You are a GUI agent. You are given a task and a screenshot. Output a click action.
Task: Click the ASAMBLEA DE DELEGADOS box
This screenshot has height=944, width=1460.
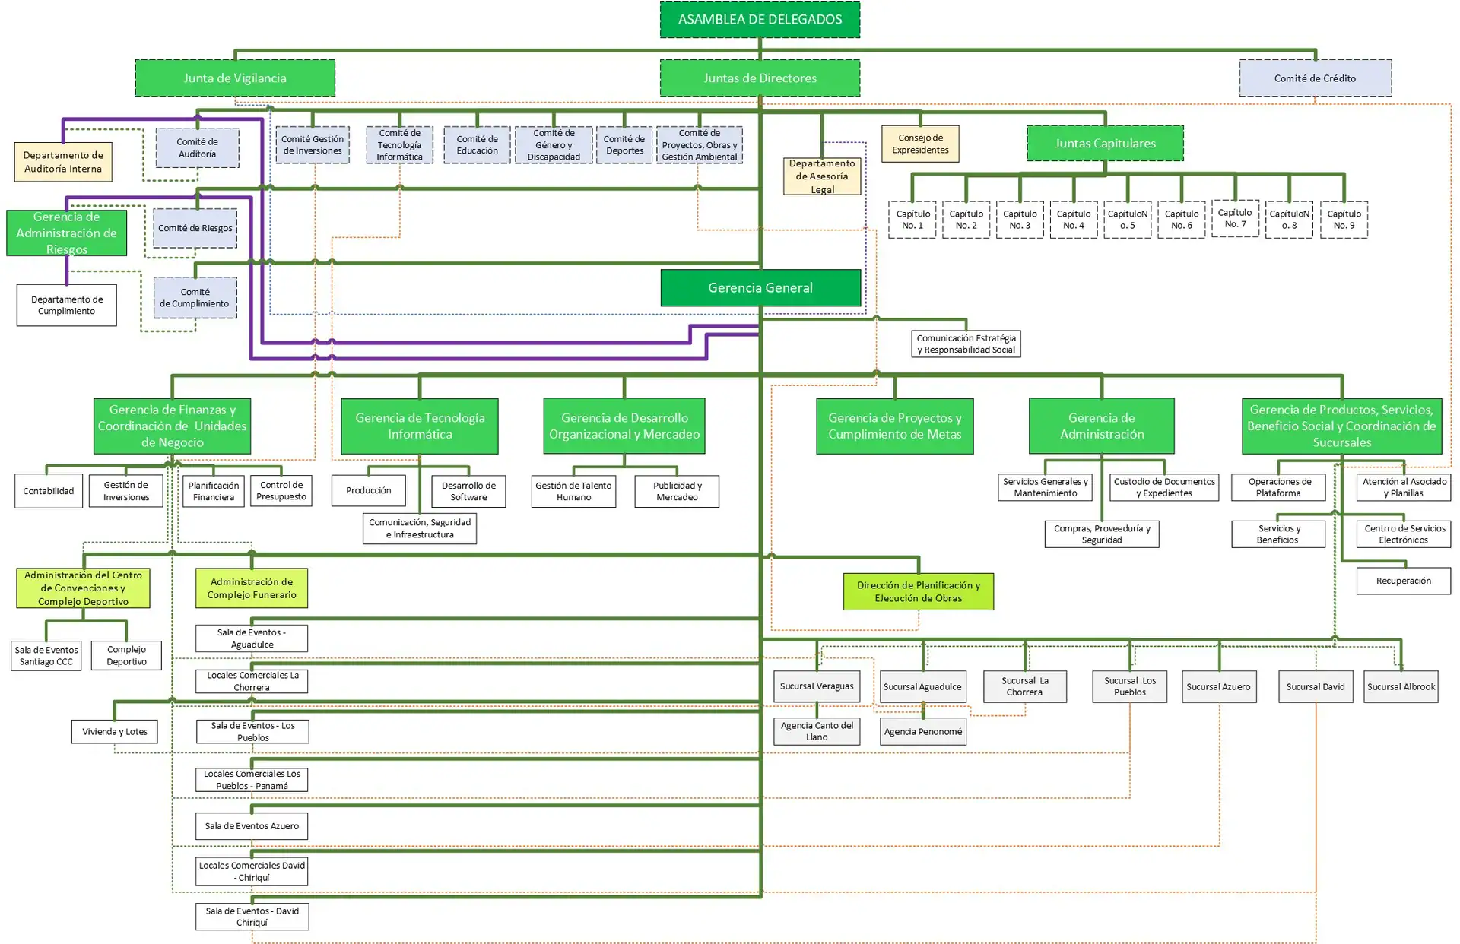coord(760,19)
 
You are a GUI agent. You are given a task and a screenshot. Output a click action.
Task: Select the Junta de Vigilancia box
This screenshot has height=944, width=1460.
coord(235,78)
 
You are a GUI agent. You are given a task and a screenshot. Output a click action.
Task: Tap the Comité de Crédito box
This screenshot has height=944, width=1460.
coord(1315,78)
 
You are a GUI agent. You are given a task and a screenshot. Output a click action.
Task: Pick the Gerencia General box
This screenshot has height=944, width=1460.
coord(760,287)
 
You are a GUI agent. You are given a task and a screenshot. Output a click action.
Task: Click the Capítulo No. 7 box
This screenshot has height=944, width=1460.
coord(1235,218)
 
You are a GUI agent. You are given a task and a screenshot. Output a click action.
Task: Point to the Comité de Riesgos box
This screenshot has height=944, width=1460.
coord(195,228)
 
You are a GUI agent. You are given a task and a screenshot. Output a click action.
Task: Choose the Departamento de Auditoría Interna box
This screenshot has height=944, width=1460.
coord(63,162)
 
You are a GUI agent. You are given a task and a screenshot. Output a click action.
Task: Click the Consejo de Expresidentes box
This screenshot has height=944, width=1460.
coord(920,144)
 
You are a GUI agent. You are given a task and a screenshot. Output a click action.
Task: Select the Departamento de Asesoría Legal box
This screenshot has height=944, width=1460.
coord(822,176)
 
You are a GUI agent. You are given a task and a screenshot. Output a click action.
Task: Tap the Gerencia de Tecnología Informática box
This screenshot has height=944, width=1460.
coord(420,426)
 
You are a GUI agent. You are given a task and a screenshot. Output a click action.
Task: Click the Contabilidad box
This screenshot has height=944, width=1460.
coord(49,491)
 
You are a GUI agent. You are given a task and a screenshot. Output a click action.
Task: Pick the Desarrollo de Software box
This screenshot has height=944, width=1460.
coord(468,491)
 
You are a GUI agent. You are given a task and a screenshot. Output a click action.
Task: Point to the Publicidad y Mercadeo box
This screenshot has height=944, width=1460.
coord(677,491)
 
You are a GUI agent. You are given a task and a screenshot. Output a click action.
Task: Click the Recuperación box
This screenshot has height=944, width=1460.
coord(1404,581)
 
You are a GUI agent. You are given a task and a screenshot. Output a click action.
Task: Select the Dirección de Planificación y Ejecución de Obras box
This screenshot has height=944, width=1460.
coord(919,591)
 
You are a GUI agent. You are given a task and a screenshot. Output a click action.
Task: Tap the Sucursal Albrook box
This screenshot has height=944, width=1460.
coord(1401,686)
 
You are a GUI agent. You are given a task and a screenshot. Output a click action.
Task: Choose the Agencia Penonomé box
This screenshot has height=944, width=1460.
coord(923,731)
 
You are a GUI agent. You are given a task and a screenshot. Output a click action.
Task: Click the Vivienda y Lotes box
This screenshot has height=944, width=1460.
coord(115,731)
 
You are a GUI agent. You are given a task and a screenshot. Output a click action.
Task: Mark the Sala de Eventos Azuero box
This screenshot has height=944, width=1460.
coord(252,826)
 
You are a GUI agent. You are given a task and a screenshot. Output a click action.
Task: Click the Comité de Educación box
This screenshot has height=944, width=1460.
coord(478,144)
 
